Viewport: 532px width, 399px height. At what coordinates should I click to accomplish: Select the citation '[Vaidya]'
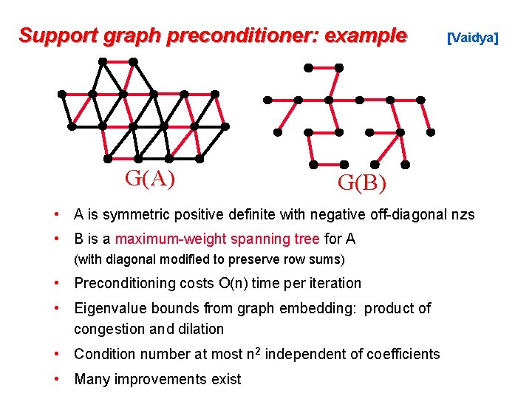pyautogui.click(x=473, y=37)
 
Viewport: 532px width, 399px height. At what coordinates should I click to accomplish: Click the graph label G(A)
pyautogui.click(x=150, y=178)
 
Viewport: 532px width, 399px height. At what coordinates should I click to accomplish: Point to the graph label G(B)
pyautogui.click(x=362, y=182)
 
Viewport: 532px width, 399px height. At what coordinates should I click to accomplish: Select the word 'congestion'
pyautogui.click(x=109, y=329)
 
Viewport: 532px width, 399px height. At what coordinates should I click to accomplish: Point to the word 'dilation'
pyautogui.click(x=199, y=329)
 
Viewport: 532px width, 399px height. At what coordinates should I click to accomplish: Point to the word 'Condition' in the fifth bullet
pyautogui.click(x=104, y=354)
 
